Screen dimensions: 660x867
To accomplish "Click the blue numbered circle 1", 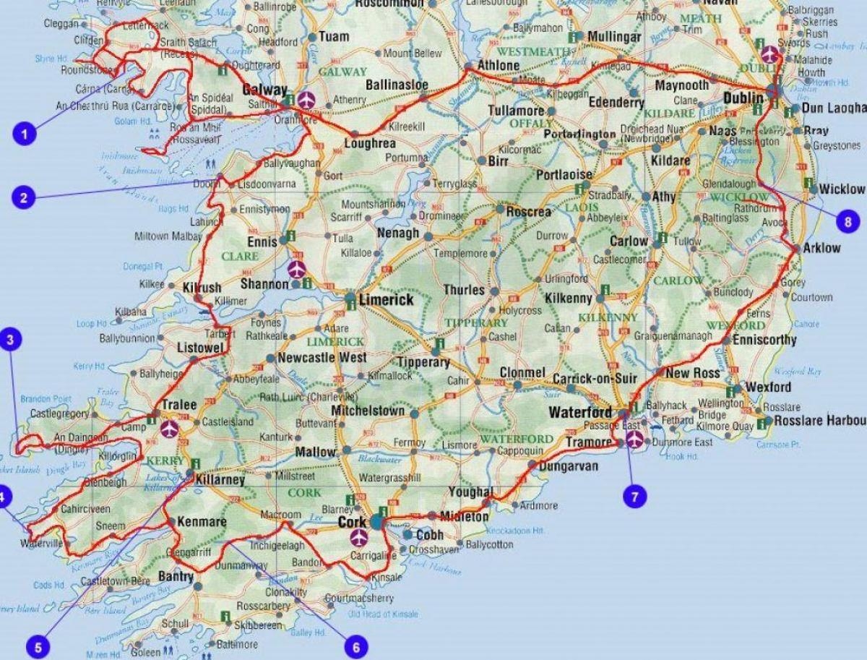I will pyautogui.click(x=25, y=133).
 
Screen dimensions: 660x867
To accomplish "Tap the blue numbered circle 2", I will pyautogui.click(x=25, y=197).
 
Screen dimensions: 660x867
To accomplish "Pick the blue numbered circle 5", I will pyautogui.click(x=38, y=646).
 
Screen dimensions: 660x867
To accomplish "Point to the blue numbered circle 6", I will pyautogui.click(x=355, y=646).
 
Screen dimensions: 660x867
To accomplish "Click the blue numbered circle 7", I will pyautogui.click(x=635, y=496).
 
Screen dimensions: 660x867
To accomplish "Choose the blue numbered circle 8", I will pyautogui.click(x=848, y=220).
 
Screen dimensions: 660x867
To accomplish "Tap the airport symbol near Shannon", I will pyautogui.click(x=296, y=269).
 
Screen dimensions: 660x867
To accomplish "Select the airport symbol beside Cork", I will pyautogui.click(x=358, y=537).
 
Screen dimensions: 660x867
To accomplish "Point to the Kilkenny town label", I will pyautogui.click(x=569, y=298).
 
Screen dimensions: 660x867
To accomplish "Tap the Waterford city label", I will pyautogui.click(x=581, y=413).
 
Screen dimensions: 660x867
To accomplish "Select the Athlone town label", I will pyautogui.click(x=499, y=66).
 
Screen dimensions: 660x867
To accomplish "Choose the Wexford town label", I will pyautogui.click(x=769, y=387).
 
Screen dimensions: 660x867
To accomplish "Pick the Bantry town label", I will pyautogui.click(x=174, y=576).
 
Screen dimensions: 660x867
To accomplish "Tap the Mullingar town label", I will pyautogui.click(x=614, y=36).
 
